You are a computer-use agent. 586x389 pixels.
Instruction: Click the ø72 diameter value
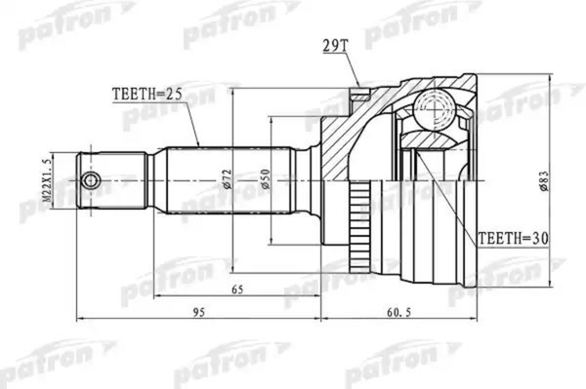coord(227,180)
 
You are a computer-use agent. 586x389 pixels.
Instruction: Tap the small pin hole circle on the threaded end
coord(92,181)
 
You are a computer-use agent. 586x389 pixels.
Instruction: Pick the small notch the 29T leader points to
coord(359,95)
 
